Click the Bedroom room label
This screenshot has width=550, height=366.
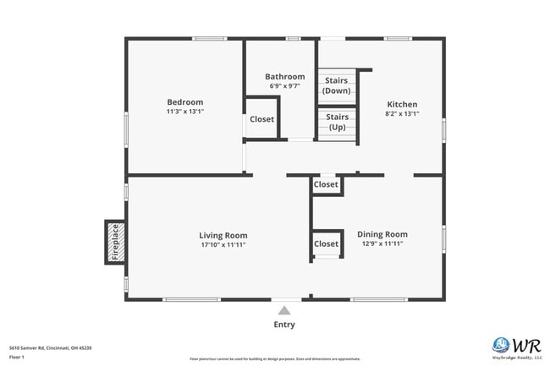[184, 101]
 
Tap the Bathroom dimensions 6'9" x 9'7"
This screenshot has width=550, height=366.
[284, 86]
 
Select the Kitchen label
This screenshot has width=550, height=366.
[402, 104]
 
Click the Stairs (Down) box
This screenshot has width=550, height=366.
[337, 85]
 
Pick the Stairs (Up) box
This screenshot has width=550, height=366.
[337, 123]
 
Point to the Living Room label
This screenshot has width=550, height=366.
[223, 235]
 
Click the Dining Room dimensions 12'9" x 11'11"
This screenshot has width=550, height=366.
[382, 243]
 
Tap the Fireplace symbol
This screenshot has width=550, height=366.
[115, 243]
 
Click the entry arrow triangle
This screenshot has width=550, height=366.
[284, 309]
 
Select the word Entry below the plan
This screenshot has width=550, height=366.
[284, 325]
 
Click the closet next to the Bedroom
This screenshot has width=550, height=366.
[262, 119]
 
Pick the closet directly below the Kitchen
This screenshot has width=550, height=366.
[326, 184]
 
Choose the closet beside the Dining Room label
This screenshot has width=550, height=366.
[326, 244]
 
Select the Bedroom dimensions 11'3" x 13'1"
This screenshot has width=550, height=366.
[184, 111]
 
